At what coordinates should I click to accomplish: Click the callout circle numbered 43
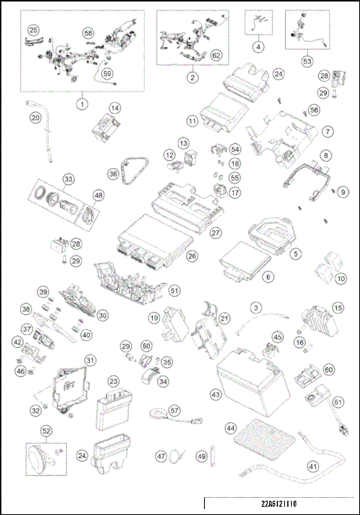click(216, 394)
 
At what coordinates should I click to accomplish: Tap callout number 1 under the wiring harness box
click(81, 103)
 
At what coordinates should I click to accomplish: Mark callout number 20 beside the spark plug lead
click(34, 118)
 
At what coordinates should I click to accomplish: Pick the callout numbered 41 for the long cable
click(312, 465)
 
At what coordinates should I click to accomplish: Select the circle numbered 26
click(193, 256)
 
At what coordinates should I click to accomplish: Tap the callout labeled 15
click(337, 307)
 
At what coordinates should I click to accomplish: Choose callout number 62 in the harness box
click(216, 55)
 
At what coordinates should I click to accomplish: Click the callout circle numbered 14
click(114, 108)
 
